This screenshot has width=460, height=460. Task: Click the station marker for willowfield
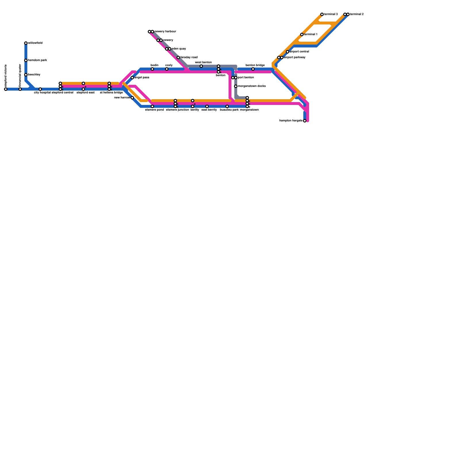[26, 43]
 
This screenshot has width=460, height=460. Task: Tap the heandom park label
[37, 60]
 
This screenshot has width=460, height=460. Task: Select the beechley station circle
[26, 75]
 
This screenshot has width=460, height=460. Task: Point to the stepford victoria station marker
[6, 89]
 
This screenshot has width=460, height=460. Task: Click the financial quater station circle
[20, 89]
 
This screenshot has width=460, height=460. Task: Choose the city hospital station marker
[40, 89]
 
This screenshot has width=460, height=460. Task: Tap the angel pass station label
[142, 78]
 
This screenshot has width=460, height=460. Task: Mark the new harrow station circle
[132, 98]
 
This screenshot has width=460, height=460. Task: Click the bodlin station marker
[152, 69]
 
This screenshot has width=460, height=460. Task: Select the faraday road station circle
[178, 57]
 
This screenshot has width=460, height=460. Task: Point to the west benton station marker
[201, 66]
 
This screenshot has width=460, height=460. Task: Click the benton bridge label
[255, 65]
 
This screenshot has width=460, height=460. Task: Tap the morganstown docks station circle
[236, 86]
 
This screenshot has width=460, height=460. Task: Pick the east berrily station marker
[207, 106]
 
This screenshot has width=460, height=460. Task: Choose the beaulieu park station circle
[227, 106]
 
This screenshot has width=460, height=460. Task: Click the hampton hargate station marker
[305, 121]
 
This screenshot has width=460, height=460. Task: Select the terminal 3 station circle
[322, 14]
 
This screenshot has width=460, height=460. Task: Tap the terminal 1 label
[311, 34]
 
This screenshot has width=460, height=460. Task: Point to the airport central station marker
[287, 52]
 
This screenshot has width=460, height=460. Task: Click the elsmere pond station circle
[152, 106]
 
